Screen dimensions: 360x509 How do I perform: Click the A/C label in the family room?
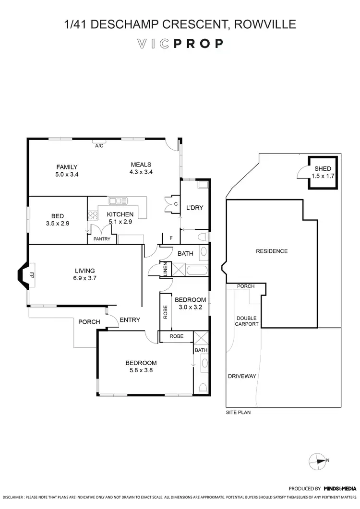pos(99,145)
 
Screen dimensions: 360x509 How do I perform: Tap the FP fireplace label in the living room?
pos(32,275)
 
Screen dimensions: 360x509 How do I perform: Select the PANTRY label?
pos(102,239)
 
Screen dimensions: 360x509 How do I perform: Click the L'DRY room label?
pos(194,207)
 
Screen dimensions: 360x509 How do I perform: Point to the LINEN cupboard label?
pos(166,269)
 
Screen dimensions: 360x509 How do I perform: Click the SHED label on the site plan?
pos(323,169)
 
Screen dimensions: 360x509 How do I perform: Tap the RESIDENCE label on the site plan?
pos(272,251)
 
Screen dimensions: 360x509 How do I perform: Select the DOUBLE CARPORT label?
pos(247,321)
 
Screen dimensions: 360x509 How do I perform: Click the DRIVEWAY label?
pos(242,377)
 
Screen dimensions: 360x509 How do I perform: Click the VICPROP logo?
pos(180,44)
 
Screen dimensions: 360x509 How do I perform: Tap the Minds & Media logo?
pos(340,488)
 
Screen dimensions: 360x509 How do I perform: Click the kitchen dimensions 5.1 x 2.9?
pos(120,222)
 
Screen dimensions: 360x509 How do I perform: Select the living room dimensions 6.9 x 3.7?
pos(84,278)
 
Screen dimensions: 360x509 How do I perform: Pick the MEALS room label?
pos(141,165)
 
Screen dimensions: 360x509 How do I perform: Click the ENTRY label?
pos(130,320)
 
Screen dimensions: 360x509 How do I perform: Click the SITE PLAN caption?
pos(238,412)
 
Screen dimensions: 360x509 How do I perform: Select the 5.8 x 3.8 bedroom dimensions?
pos(141,370)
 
